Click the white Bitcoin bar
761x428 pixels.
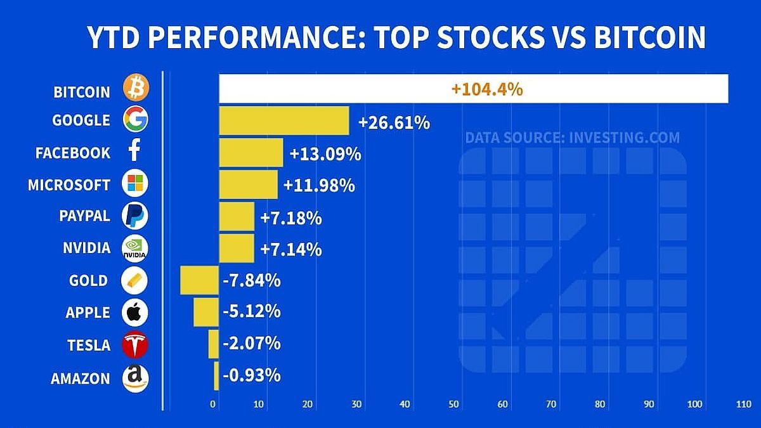[x=473, y=89]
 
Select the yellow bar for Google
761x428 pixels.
[x=283, y=120]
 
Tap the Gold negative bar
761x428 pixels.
[x=199, y=280]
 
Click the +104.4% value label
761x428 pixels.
[x=487, y=89]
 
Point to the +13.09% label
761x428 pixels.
[x=325, y=153]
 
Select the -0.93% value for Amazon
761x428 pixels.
[x=251, y=375]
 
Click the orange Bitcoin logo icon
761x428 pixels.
[x=135, y=88]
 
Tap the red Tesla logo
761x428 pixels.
[x=134, y=346]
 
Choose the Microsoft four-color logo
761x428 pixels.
[x=135, y=185]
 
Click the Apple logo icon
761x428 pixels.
[x=134, y=313]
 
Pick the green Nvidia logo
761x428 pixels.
[x=134, y=249]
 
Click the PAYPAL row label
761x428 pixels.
[x=84, y=216]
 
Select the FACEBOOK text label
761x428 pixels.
[x=73, y=153]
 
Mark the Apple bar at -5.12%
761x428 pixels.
[x=206, y=312]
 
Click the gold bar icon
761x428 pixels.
[x=134, y=280]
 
